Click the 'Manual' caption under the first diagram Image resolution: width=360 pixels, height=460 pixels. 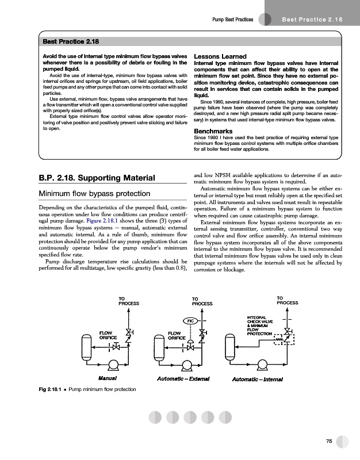click(x=108, y=379)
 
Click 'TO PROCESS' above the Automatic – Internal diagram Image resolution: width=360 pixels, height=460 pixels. click(x=288, y=300)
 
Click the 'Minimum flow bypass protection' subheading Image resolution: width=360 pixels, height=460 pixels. click(x=94, y=194)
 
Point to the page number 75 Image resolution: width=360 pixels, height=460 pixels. click(x=328, y=441)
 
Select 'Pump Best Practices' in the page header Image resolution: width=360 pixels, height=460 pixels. click(x=233, y=20)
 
